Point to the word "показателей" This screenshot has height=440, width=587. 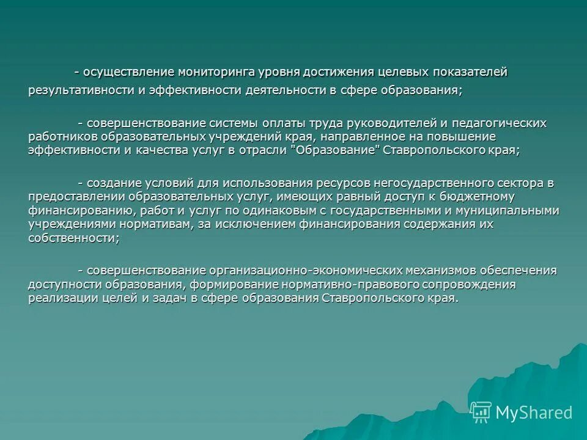[470, 72]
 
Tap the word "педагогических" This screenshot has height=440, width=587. [504, 123]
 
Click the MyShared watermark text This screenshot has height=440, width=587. [534, 413]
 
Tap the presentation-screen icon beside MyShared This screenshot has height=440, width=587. [481, 413]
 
